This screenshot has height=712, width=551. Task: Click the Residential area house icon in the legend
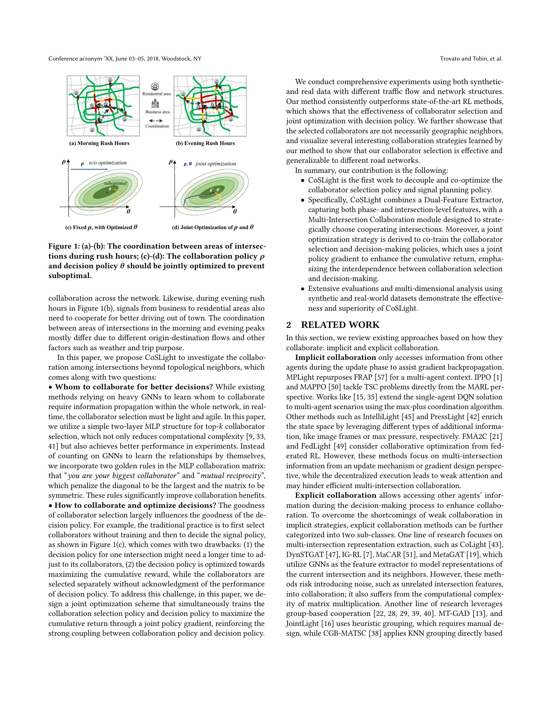(x=155, y=86)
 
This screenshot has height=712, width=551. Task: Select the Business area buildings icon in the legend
(x=155, y=104)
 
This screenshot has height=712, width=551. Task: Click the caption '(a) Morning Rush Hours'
(x=99, y=143)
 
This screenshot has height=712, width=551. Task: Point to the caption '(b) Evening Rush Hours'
(x=205, y=143)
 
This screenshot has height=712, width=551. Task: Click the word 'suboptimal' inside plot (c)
(x=115, y=183)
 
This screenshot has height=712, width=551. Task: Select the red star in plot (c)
(x=107, y=193)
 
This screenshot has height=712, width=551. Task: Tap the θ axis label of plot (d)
(x=235, y=211)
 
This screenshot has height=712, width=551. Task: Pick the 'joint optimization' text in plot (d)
(x=216, y=164)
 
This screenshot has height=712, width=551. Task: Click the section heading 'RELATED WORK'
(x=340, y=325)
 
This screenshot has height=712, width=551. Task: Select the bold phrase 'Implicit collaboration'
(x=335, y=358)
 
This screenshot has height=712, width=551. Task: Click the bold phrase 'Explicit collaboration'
(x=335, y=495)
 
